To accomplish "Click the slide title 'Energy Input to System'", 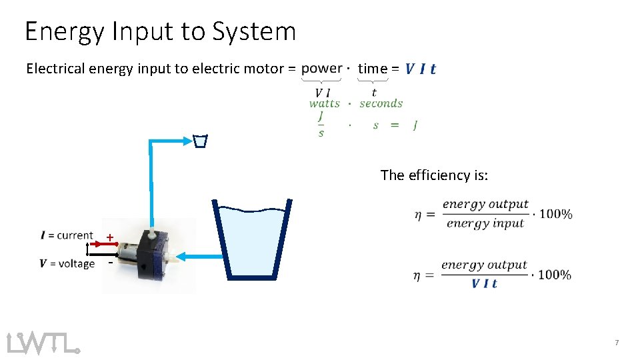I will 160,31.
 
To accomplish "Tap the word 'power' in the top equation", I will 321,68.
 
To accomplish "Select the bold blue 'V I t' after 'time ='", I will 421,69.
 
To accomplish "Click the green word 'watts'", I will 324,103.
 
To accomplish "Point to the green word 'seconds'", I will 381,103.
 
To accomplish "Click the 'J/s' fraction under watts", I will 321,124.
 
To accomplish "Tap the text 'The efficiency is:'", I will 434,175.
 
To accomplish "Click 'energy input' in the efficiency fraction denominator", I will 486,223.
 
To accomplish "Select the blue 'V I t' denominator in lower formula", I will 484,283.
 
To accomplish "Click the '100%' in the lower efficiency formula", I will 554,275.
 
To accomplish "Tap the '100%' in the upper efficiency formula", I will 555,214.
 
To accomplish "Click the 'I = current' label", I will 67,235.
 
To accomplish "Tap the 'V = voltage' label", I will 67,263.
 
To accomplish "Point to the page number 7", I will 617,343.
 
